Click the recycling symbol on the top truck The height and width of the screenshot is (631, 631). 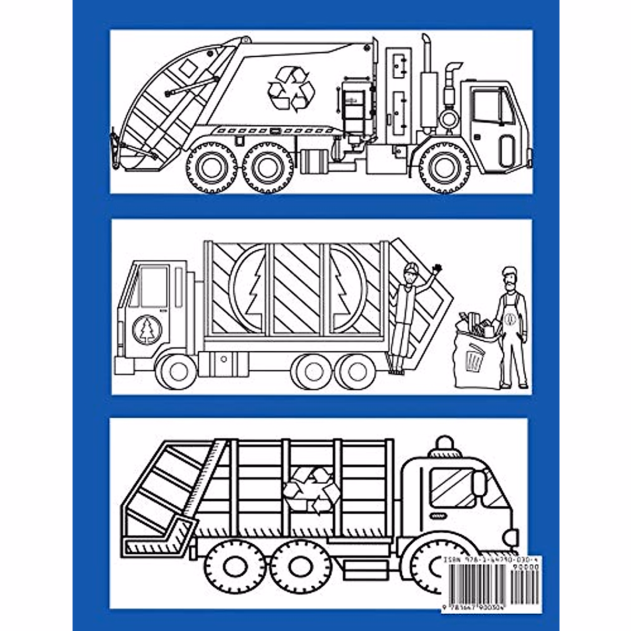coord(291,88)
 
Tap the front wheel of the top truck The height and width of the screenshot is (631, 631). coord(445,167)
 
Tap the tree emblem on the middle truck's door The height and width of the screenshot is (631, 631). coord(147,330)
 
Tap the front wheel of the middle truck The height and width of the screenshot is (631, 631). coord(179,369)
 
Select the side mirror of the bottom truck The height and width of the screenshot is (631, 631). coord(478,483)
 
